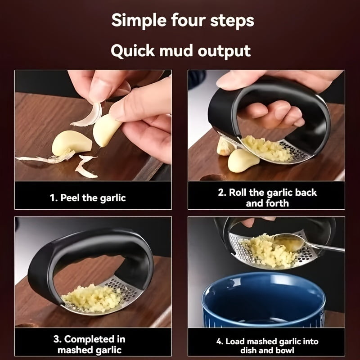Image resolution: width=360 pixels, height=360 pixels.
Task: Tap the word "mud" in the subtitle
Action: point(176,51)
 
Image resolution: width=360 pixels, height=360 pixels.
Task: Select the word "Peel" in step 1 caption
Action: point(70,198)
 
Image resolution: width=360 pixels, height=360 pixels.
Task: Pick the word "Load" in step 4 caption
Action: point(235,342)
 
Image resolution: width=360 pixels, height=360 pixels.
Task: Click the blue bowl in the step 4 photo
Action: point(264,300)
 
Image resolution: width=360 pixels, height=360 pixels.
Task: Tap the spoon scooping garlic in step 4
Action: point(308,243)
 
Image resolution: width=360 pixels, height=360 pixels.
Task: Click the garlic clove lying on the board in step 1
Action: point(72,143)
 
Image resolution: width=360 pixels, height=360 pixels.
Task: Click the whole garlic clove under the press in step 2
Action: point(243,160)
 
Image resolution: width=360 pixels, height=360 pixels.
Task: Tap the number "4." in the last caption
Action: point(220,342)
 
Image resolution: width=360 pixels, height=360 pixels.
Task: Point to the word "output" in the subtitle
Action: point(224,51)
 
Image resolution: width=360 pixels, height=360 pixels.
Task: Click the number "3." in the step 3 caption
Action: point(58,339)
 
